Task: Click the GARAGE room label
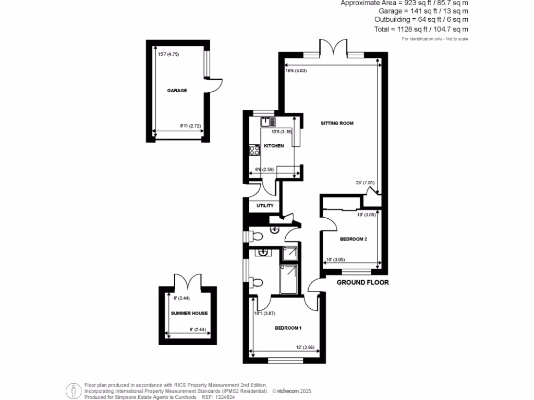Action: (x=177, y=91)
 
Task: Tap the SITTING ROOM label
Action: (x=337, y=123)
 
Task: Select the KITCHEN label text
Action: (x=274, y=146)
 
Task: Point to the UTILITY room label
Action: (x=265, y=206)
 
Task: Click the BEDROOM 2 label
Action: (x=354, y=239)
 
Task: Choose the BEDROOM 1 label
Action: (x=288, y=328)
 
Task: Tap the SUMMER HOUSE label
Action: (x=189, y=314)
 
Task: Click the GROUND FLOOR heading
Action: (x=363, y=283)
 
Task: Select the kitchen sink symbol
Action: (x=268, y=122)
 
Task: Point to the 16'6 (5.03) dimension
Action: (x=296, y=71)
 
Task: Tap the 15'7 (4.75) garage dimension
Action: (x=168, y=54)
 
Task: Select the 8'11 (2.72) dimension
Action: (x=190, y=126)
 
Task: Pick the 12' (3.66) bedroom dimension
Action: (x=305, y=347)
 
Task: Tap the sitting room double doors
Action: (x=334, y=47)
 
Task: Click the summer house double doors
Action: (x=187, y=282)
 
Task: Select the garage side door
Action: (x=215, y=86)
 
